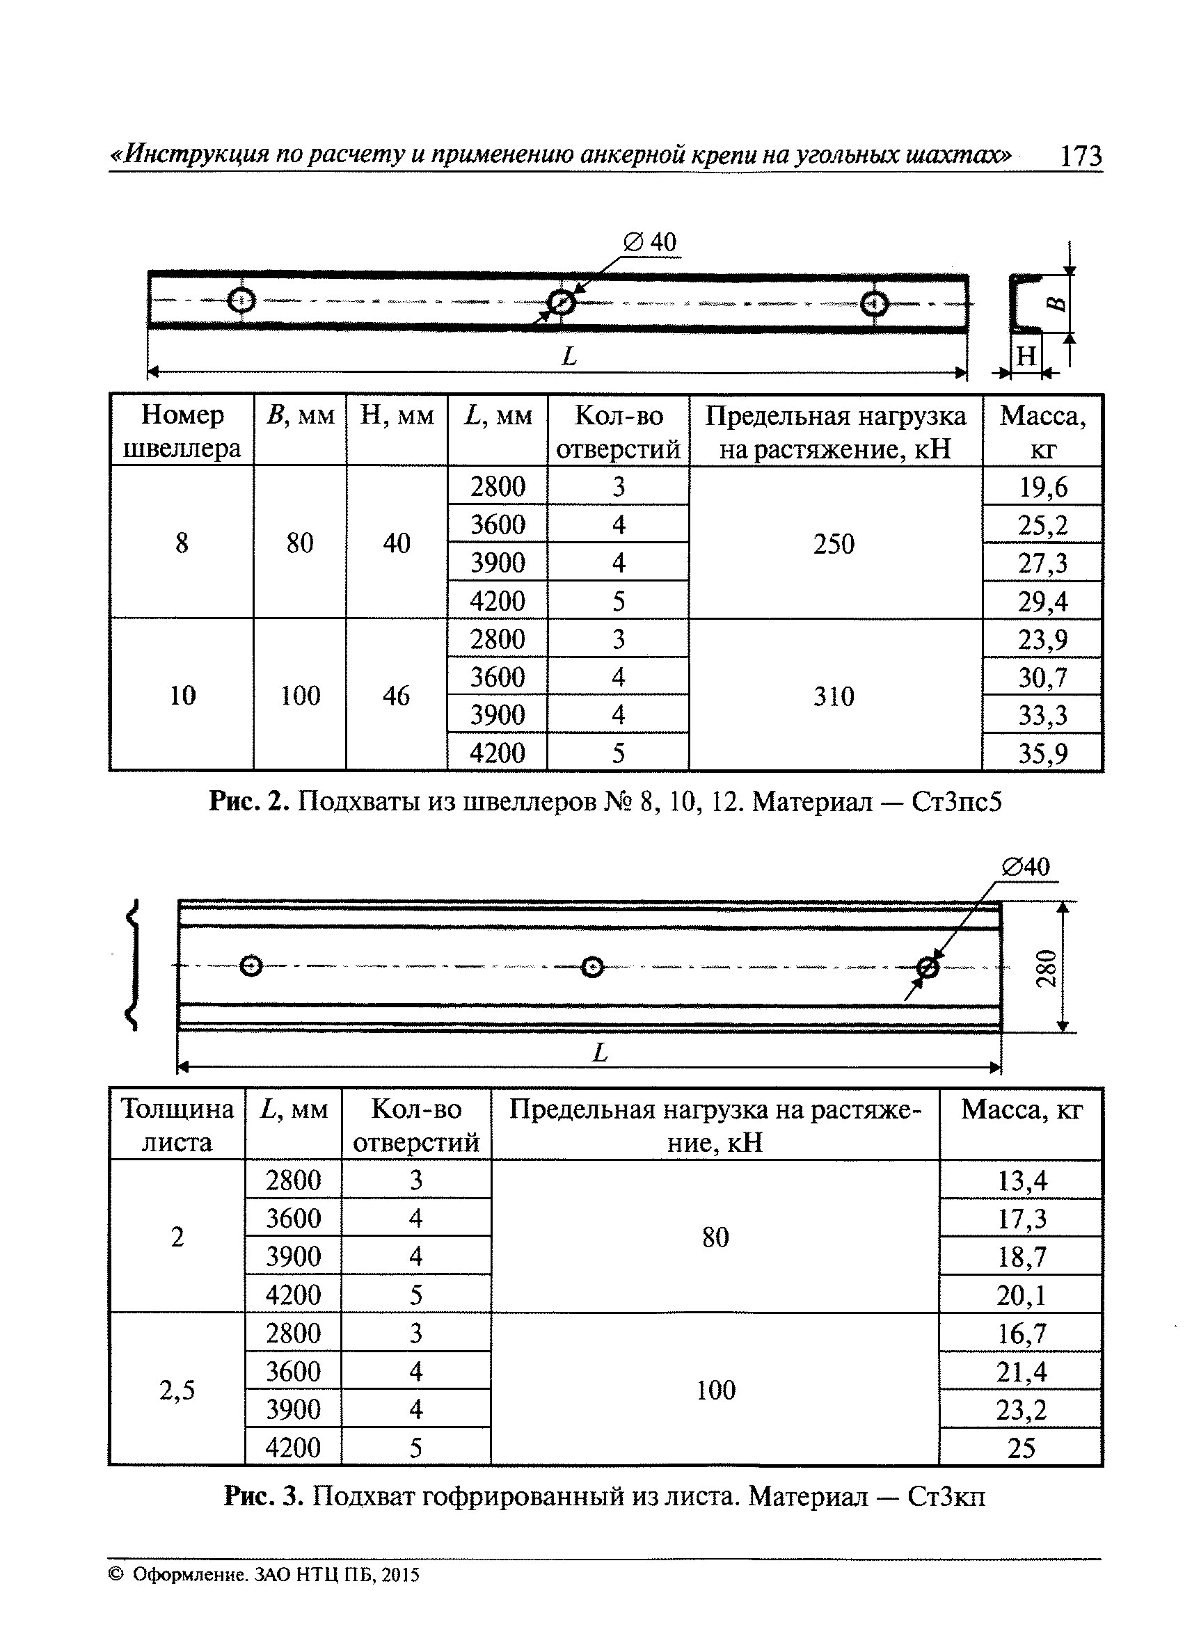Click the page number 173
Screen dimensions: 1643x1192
click(1080, 156)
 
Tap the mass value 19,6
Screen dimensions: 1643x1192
click(1042, 487)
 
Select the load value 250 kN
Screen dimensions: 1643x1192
click(834, 543)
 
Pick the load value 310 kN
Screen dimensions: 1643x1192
click(834, 696)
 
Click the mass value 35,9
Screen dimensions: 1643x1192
click(1042, 753)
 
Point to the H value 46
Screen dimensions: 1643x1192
click(397, 696)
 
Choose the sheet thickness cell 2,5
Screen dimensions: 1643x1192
click(177, 1390)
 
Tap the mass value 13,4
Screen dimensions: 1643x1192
click(1021, 1181)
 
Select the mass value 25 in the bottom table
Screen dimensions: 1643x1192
click(1021, 1448)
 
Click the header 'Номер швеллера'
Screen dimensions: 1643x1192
click(182, 432)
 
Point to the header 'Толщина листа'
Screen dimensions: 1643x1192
click(177, 1125)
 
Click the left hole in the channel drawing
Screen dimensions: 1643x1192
click(241, 300)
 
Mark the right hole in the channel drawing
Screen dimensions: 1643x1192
click(874, 304)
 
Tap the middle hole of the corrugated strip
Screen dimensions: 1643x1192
click(593, 966)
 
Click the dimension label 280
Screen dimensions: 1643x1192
click(1047, 968)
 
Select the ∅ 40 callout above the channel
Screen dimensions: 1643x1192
click(650, 242)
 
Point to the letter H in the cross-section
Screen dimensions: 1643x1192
click(1026, 355)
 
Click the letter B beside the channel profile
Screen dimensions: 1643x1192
click(1058, 303)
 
